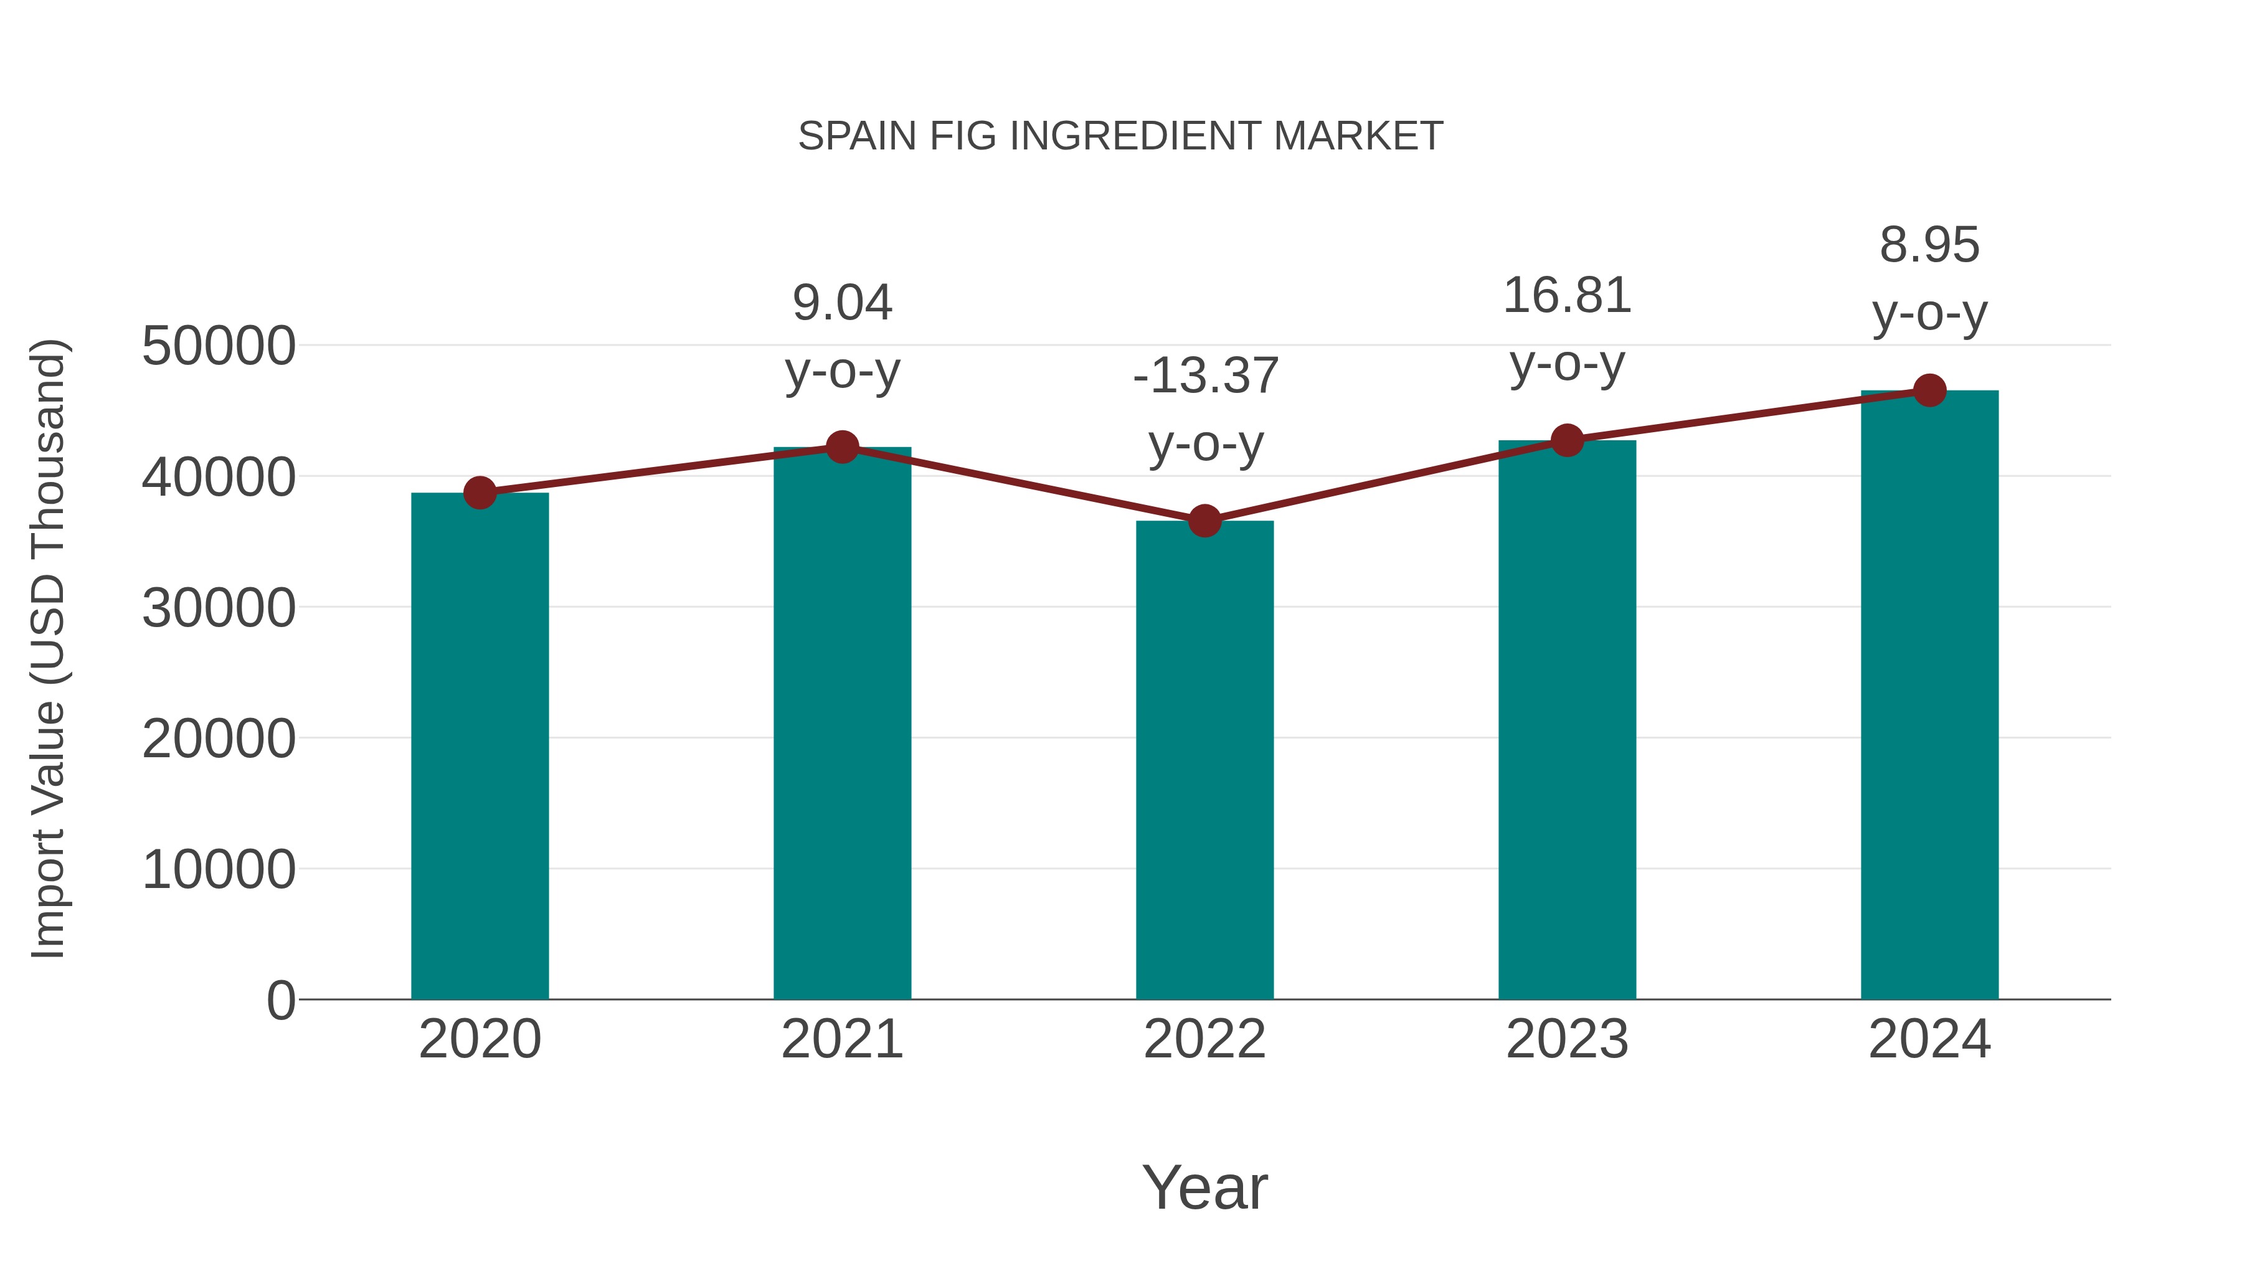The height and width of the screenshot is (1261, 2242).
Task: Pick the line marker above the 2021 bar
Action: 841,447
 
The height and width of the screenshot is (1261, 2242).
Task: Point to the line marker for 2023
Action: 1567,440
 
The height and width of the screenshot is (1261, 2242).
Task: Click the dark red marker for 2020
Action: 480,493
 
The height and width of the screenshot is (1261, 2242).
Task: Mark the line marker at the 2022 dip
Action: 1204,521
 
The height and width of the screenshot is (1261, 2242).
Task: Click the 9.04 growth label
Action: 841,303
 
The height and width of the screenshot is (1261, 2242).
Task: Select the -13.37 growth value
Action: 1204,376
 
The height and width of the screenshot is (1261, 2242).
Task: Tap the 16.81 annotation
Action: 1567,296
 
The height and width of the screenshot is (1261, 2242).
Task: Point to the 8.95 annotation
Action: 1929,245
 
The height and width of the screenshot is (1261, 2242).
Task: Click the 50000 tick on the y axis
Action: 219,346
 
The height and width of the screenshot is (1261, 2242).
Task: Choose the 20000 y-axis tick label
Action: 219,739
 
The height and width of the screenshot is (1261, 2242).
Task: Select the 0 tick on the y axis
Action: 280,1000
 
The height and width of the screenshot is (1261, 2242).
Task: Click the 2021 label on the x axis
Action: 841,1039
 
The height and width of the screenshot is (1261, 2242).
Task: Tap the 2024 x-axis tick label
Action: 1929,1039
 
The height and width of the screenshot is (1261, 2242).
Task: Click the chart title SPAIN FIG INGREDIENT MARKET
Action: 1120,136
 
